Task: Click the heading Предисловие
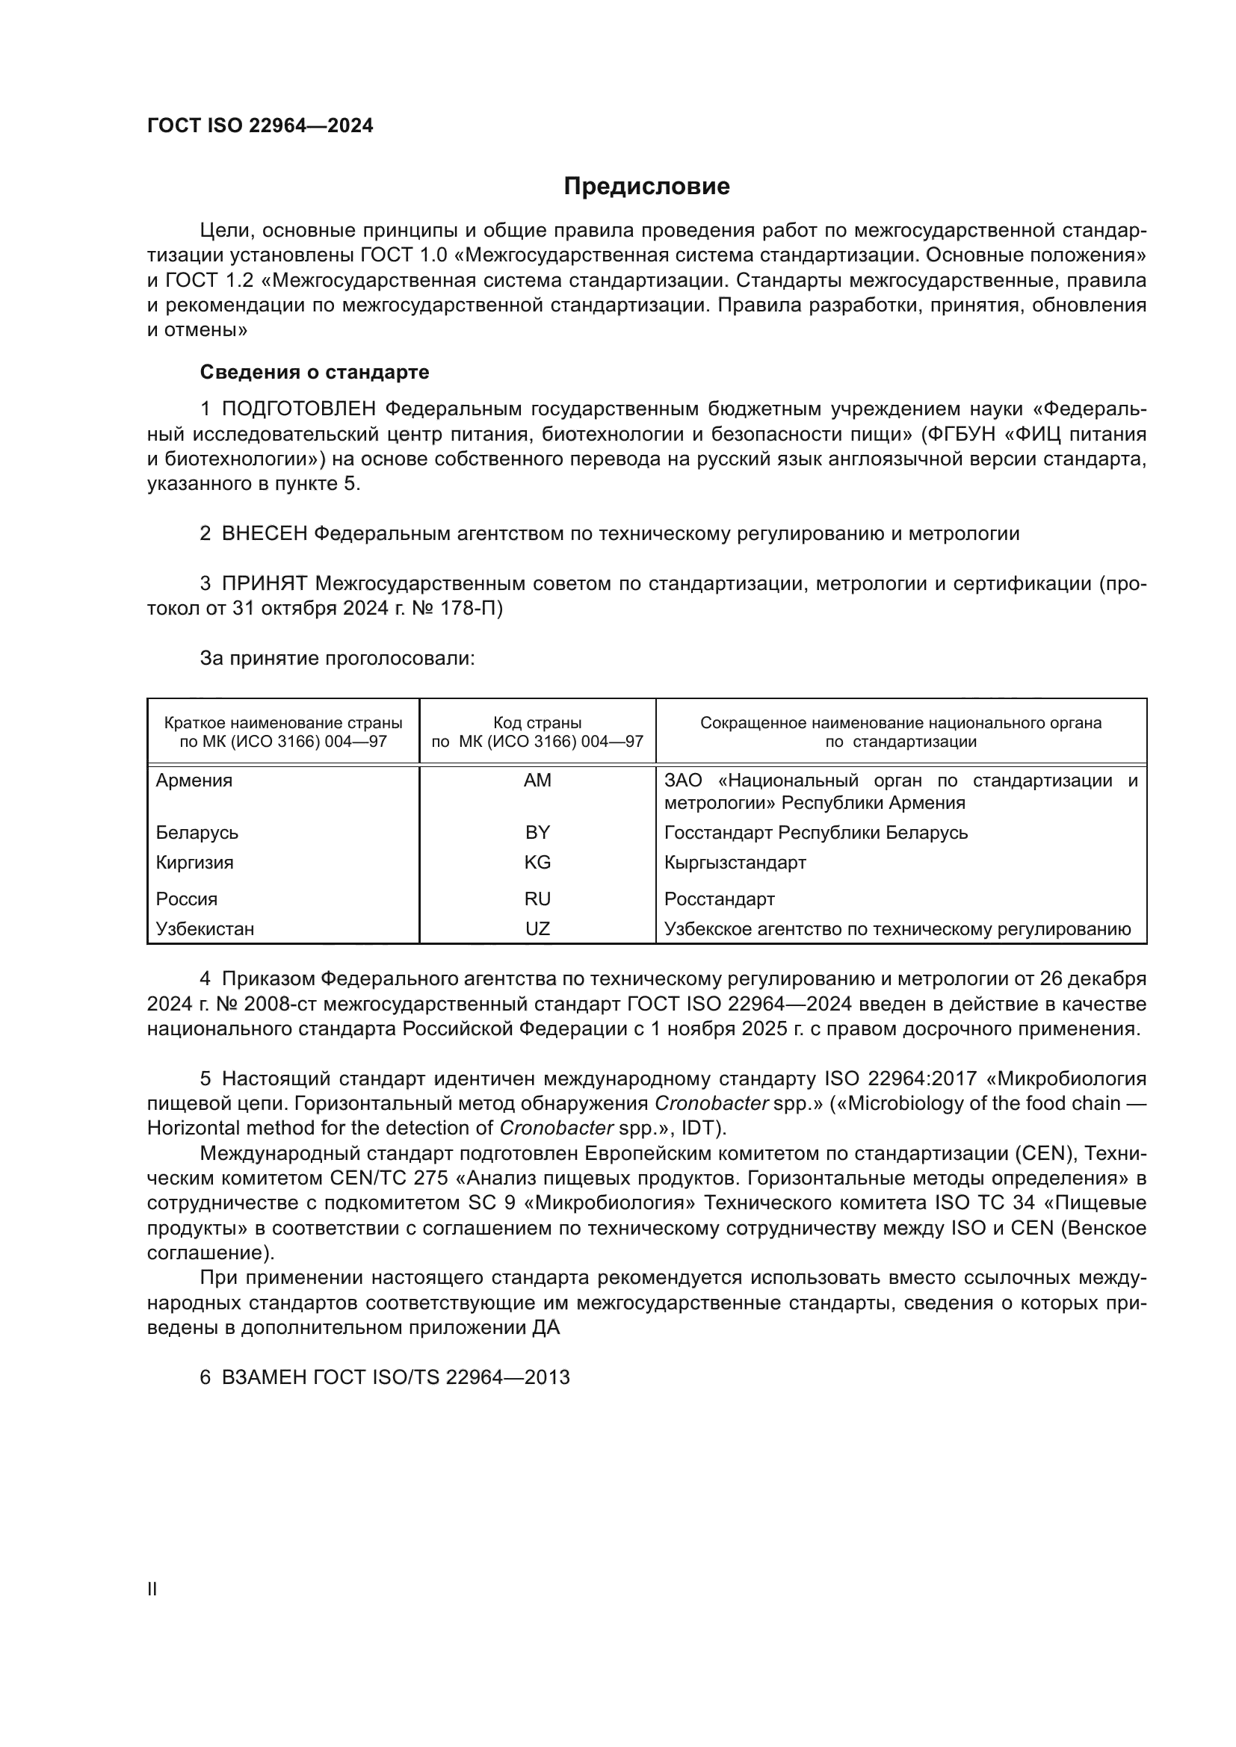tap(646, 187)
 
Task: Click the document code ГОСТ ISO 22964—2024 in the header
tap(260, 125)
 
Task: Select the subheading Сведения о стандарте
tap(315, 372)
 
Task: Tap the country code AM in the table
tap(537, 780)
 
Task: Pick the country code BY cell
tap(537, 832)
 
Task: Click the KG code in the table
tap(537, 862)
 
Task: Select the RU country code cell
tap(537, 899)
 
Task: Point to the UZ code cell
tap(537, 928)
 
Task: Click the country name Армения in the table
tap(194, 780)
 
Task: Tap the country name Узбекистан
tap(205, 928)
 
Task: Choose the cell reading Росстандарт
tap(719, 899)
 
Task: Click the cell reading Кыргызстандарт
tap(735, 862)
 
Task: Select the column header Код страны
tap(537, 723)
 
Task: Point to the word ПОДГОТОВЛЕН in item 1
tap(298, 409)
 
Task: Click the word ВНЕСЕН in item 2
tap(264, 533)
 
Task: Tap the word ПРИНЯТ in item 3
tap(264, 583)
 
